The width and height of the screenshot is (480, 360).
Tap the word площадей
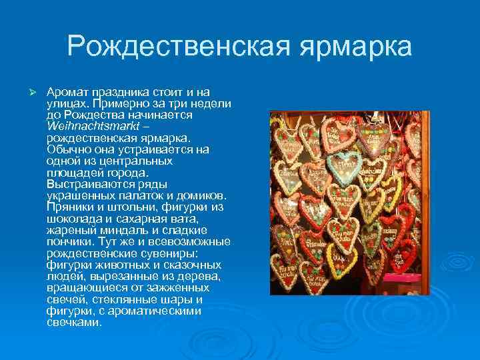click(72, 173)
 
